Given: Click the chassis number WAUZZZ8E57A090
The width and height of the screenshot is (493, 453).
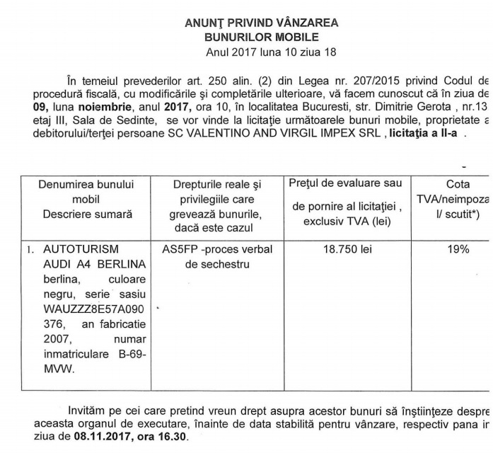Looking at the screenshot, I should click(88, 309).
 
